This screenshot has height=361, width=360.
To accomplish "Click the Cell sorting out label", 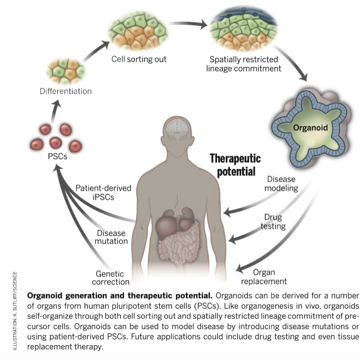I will [139, 59].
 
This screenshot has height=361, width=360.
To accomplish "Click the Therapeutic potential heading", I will [235, 165].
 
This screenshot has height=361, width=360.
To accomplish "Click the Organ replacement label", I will [269, 277].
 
